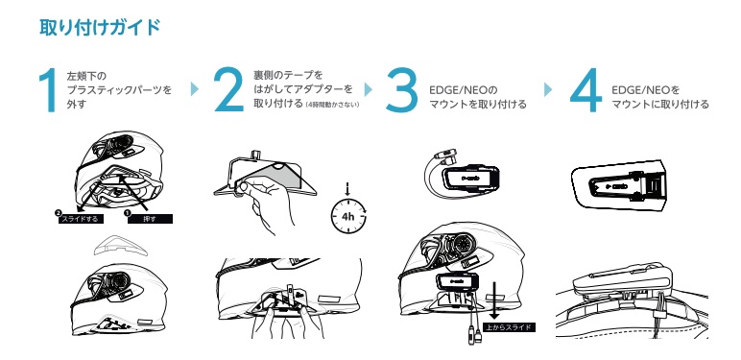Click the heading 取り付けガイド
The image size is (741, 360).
(100, 28)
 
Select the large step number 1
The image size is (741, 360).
(48, 90)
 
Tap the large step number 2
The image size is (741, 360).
(228, 90)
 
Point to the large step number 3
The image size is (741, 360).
(401, 90)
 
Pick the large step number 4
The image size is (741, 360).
(586, 90)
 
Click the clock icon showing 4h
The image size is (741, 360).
(348, 216)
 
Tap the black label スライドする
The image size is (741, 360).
(81, 219)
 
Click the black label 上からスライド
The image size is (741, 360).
(509, 327)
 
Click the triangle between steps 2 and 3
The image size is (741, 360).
(369, 89)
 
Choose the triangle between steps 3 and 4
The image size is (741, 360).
(548, 89)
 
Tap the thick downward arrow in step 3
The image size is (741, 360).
(494, 300)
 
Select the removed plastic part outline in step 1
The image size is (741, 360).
(121, 245)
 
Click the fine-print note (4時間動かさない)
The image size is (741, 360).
(332, 105)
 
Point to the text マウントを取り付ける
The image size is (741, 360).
(478, 104)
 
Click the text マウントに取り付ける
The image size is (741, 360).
(660, 104)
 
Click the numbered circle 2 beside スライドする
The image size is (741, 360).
(58, 213)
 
